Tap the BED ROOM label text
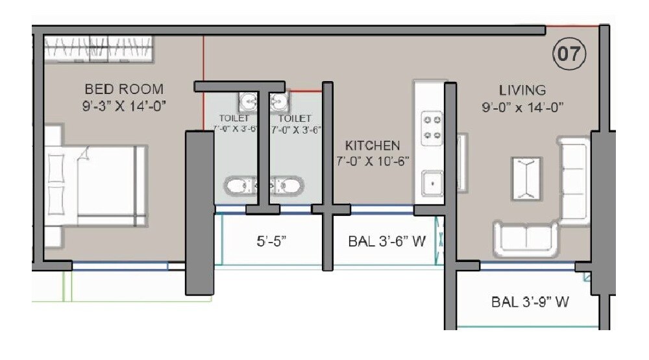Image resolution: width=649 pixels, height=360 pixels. [x=124, y=89]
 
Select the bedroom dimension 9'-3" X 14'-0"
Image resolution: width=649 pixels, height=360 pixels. [x=124, y=106]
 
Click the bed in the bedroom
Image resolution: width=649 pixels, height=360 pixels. [x=97, y=186]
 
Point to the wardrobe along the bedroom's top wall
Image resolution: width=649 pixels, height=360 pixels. [x=99, y=49]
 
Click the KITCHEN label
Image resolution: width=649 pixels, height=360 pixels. [x=373, y=145]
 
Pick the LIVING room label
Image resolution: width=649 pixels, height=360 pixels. [x=522, y=90]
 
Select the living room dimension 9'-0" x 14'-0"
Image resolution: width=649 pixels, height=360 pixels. [x=522, y=107]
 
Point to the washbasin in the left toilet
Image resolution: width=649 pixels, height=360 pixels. [x=247, y=101]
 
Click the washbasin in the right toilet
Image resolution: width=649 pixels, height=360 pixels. [x=279, y=101]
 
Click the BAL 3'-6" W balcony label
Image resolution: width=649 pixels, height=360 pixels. [x=386, y=242]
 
